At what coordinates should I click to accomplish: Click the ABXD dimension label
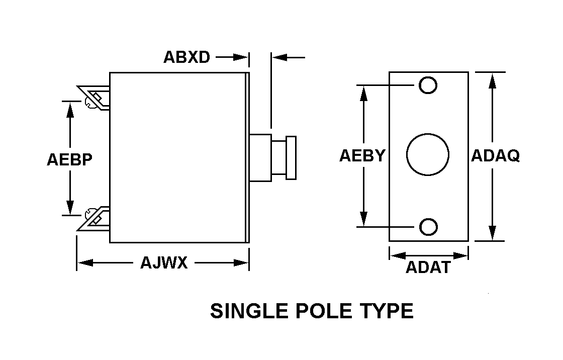pos(186,57)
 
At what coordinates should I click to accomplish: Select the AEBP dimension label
pos(70,159)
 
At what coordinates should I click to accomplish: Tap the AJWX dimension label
pos(164,262)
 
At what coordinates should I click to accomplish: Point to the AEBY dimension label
pos(362,155)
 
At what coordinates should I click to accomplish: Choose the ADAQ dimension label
pos(496,155)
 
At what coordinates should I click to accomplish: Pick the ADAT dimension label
pos(428,267)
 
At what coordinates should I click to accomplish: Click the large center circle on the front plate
pos(428,134)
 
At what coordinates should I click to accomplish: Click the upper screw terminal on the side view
pos(94,98)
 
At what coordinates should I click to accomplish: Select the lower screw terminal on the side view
pos(94,218)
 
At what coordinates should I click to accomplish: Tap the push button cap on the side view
pos(291,158)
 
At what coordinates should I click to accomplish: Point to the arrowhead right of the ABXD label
pos(241,57)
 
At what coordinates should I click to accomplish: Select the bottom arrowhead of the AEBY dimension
pos(364,219)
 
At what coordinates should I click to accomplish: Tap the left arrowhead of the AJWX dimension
pos(85,262)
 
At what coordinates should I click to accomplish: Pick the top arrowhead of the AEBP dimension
pos(70,109)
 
